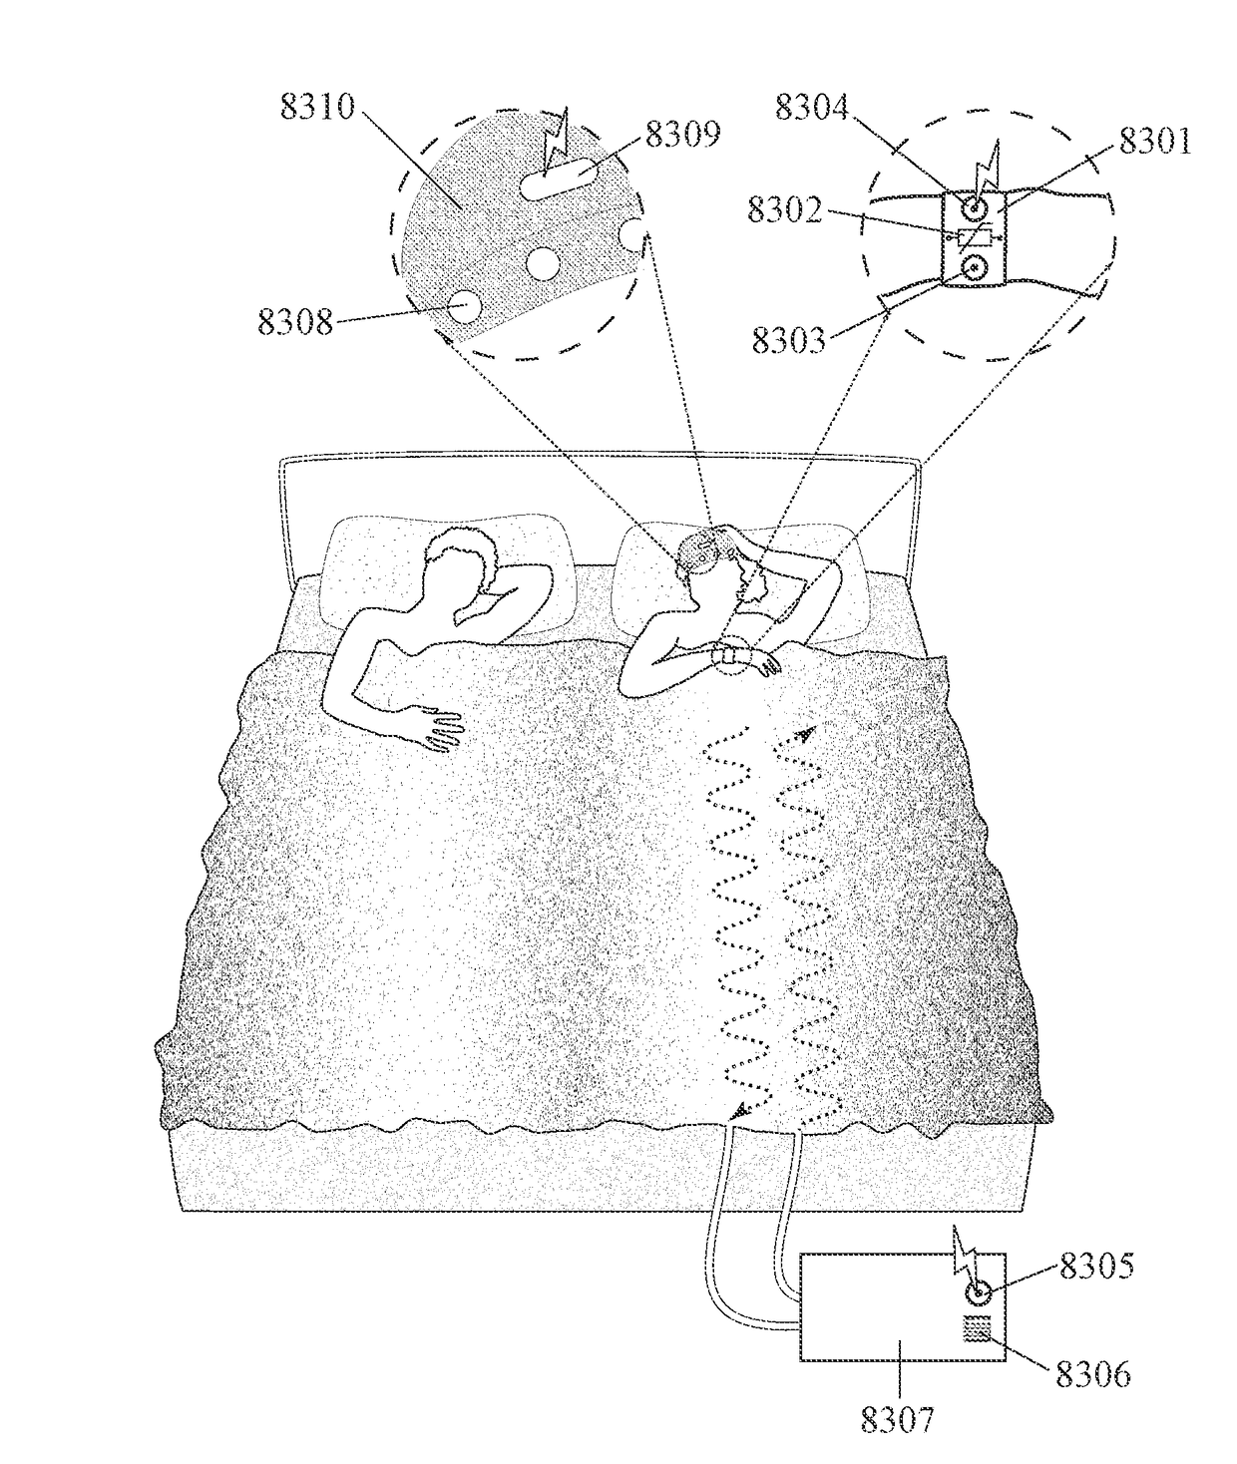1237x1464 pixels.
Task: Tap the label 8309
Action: tap(682, 134)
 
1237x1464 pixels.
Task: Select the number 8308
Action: tap(295, 321)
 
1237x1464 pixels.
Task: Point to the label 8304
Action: tap(812, 107)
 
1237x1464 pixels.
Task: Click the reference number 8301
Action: tap(1154, 141)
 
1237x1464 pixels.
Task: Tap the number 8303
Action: tap(788, 340)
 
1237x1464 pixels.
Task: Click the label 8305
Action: tap(1096, 1267)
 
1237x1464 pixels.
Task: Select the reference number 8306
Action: tap(1093, 1374)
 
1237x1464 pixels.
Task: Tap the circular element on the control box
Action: tap(979, 1293)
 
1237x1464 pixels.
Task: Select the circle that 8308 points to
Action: tap(463, 306)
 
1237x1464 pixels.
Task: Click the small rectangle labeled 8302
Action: tap(974, 237)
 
